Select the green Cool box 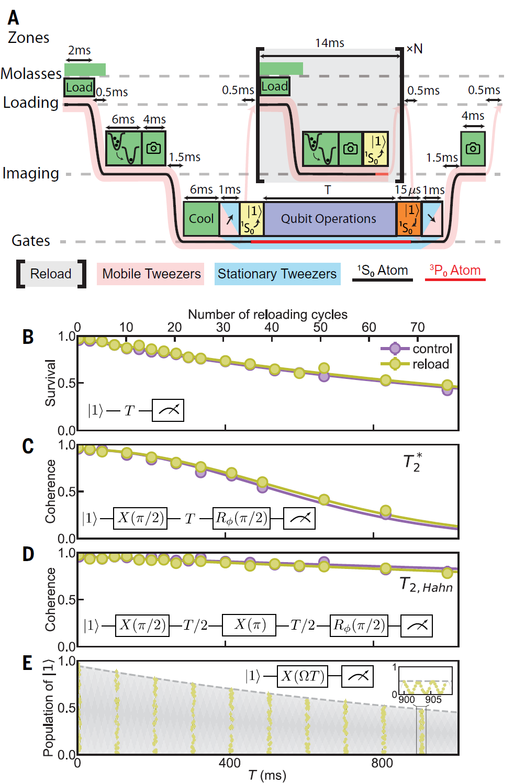[201, 219]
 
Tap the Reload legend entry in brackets [51, 274]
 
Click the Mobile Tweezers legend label [151, 274]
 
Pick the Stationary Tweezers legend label [277, 274]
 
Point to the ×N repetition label [415, 49]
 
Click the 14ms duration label [329, 43]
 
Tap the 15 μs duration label [407, 190]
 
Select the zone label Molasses [31, 73]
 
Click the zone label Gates [31, 240]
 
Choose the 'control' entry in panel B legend [417, 349]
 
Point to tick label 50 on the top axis [320, 328]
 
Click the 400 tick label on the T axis [229, 763]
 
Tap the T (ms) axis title [267, 775]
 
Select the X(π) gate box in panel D [249, 625]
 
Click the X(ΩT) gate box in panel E [303, 676]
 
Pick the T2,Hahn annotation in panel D [426, 585]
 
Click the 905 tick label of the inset [433, 699]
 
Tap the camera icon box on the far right [473, 149]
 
